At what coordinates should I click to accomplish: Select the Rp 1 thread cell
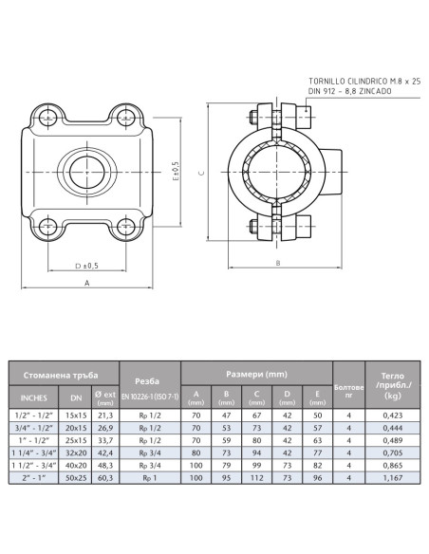(149, 479)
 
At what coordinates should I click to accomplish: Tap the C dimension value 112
(256, 479)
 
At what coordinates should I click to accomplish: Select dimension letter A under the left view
(86, 283)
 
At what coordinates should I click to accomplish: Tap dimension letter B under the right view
(276, 263)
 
